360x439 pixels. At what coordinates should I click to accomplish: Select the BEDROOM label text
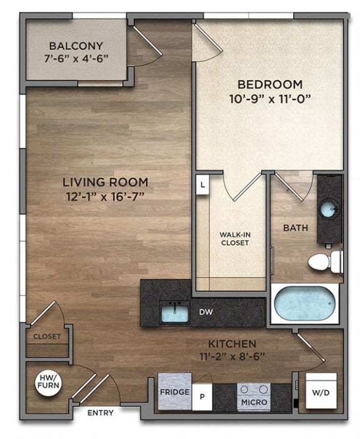(x=269, y=84)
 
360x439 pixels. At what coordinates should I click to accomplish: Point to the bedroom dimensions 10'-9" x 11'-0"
(x=269, y=98)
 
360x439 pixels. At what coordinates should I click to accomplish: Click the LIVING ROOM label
(x=105, y=182)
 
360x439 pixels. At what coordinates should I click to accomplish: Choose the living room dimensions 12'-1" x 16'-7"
(x=105, y=196)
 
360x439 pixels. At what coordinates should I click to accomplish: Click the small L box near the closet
(x=202, y=186)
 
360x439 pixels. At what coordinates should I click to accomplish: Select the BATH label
(x=296, y=228)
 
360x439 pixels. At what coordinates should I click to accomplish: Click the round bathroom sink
(x=329, y=209)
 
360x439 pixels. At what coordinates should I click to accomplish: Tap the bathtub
(x=304, y=304)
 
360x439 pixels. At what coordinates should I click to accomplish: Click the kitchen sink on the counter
(x=175, y=311)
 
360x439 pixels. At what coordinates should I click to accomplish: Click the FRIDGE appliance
(x=173, y=391)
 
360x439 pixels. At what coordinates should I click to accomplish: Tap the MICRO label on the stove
(x=254, y=401)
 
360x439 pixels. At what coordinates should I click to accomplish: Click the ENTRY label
(x=100, y=413)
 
